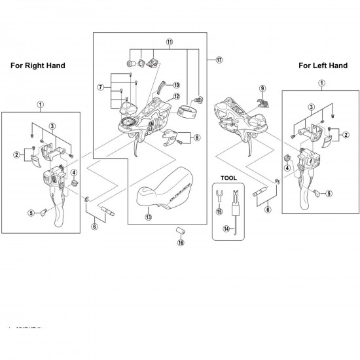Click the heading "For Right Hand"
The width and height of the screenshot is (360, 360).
[x=37, y=66]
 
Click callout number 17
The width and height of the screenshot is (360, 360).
[x=219, y=60]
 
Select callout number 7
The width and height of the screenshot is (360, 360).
[x=101, y=86]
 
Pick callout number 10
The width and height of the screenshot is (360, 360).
[x=177, y=85]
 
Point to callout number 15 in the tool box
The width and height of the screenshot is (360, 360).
[x=219, y=211]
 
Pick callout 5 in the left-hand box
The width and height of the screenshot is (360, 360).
[x=329, y=193]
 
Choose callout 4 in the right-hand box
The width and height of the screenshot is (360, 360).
[x=75, y=173]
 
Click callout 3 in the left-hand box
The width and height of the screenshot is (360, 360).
[x=312, y=107]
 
